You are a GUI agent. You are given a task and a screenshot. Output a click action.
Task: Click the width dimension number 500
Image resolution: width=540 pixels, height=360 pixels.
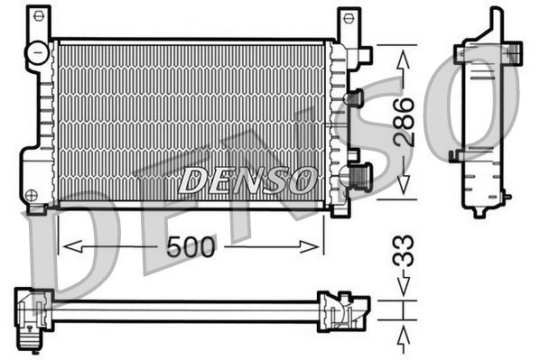(x=191, y=246)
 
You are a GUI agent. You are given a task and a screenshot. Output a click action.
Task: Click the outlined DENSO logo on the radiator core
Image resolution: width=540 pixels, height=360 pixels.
(x=247, y=180)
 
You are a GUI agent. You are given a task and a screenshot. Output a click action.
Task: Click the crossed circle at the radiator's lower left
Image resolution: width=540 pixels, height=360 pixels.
(x=32, y=194)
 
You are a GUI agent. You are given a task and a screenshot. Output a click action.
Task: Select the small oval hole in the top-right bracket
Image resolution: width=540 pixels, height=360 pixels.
(x=349, y=19)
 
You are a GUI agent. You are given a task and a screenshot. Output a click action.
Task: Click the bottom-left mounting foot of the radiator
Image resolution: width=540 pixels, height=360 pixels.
(x=37, y=209)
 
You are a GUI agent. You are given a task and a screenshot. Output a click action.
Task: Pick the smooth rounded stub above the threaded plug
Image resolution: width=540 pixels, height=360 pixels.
(x=355, y=97)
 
